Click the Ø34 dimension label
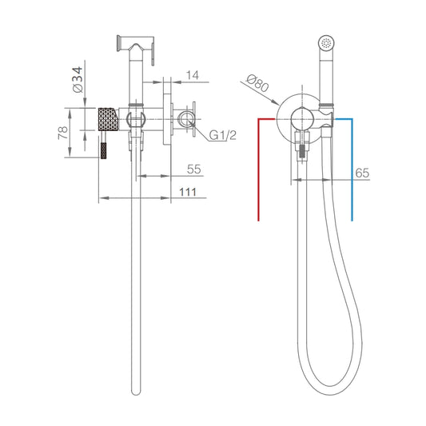click(78, 80)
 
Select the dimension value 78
click(63, 133)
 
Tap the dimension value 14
click(193, 75)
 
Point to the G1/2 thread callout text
click(223, 135)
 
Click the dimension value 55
click(194, 169)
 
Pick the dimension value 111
click(188, 193)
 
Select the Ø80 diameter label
click(257, 83)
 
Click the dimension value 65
click(362, 173)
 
